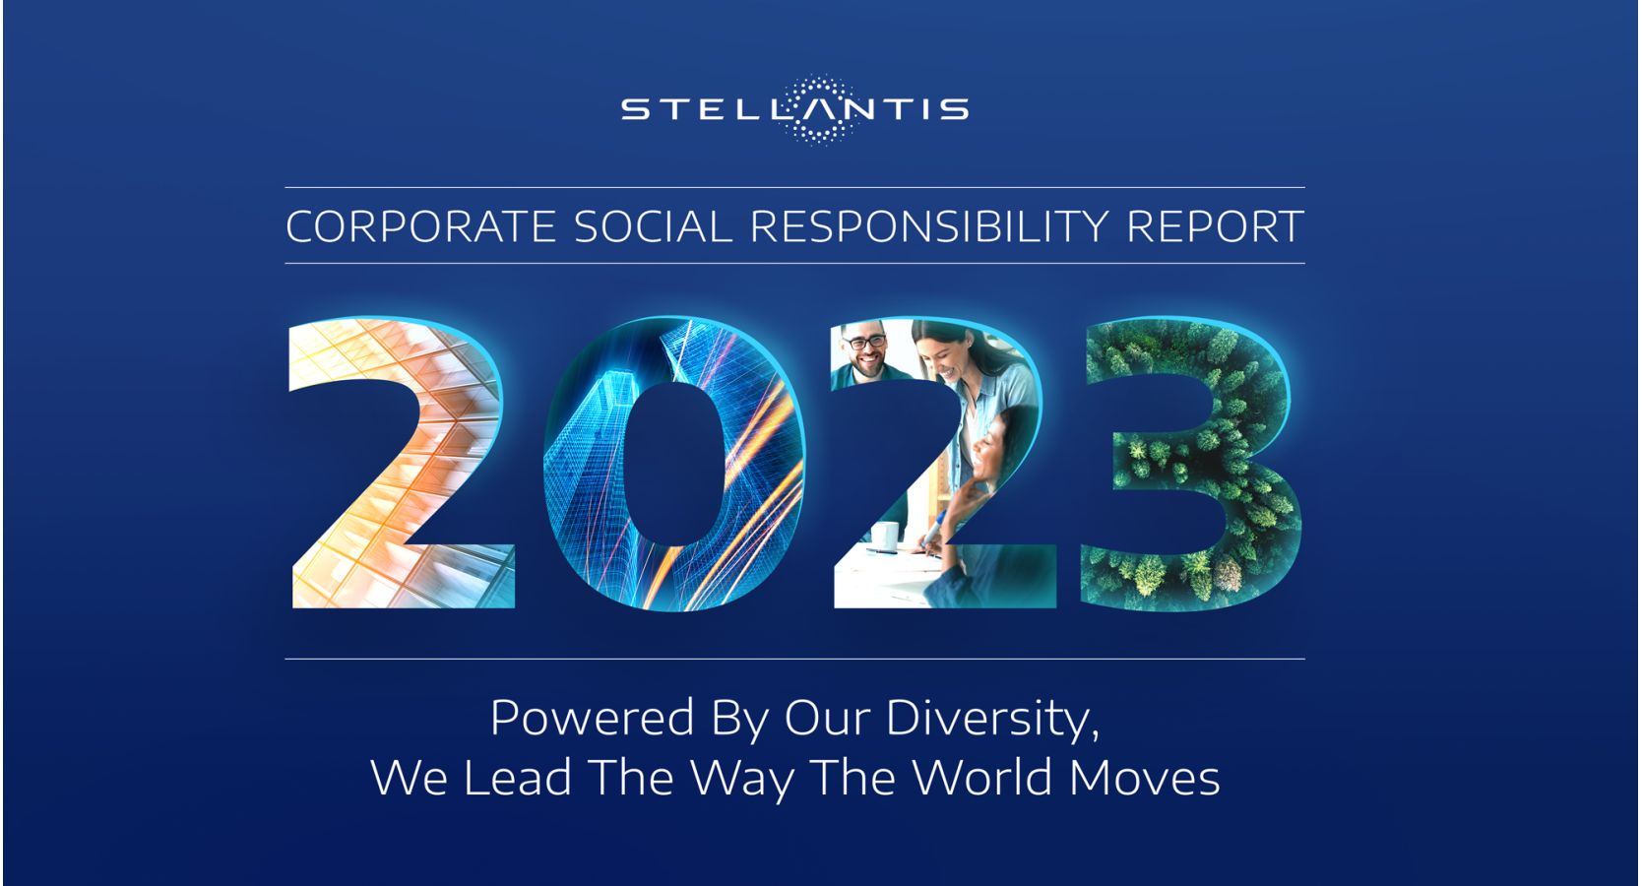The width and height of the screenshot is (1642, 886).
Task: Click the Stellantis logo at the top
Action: pos(794,110)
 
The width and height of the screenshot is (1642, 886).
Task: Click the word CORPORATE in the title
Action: pos(420,226)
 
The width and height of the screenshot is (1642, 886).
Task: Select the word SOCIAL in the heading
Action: pos(653,226)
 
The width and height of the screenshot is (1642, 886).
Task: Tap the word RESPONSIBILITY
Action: pos(928,226)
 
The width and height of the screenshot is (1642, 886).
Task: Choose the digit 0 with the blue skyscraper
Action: pos(674,463)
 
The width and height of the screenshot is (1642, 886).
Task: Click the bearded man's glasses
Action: pos(865,342)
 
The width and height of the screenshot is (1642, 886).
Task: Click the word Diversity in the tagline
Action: pos(992,719)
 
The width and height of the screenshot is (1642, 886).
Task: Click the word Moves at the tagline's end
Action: pos(1145,778)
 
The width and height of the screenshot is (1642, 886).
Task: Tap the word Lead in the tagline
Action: pos(518,778)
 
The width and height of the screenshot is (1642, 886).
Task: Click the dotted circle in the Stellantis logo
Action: pos(820,110)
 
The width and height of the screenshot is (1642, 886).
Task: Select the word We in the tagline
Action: pos(410,778)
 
